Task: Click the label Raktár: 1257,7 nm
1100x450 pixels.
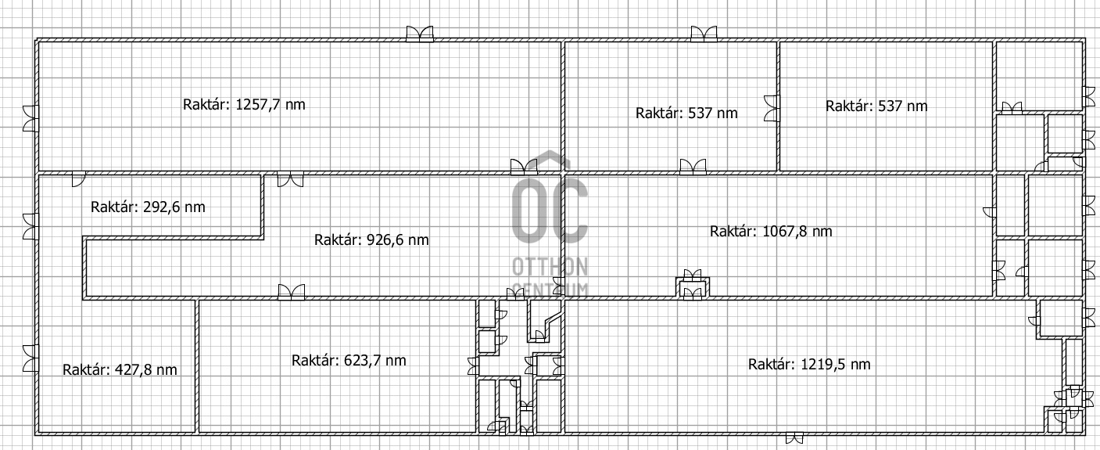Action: point(244,105)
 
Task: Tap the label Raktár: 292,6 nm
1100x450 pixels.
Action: point(148,207)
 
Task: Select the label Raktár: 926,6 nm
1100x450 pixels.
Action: point(371,240)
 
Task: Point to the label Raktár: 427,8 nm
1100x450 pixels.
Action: point(120,370)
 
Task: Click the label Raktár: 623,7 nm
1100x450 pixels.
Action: point(349,361)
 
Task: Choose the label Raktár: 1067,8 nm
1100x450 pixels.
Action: point(771,231)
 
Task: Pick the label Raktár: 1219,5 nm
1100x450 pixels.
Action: point(809,365)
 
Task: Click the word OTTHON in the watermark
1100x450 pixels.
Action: point(550,267)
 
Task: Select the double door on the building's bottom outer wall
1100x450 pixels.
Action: point(794,437)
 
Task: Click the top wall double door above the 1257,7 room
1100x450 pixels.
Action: point(420,34)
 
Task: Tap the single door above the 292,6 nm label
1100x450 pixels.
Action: point(78,179)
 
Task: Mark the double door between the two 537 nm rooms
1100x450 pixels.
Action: point(772,108)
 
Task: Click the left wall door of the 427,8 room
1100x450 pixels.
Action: point(30,358)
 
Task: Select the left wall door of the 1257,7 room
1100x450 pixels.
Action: point(30,118)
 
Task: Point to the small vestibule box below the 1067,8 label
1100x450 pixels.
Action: point(693,288)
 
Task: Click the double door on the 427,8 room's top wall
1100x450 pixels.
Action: point(291,292)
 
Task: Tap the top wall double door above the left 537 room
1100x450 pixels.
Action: point(704,34)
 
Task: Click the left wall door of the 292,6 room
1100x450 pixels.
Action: point(30,226)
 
